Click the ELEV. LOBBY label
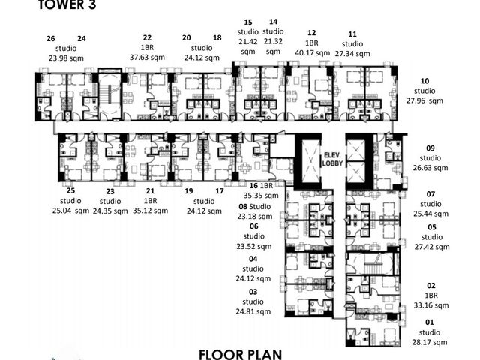point(332,159)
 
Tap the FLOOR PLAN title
point(240,355)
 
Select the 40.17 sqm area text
point(313,53)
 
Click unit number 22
point(147,37)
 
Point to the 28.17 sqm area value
point(430,342)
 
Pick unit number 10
point(424,81)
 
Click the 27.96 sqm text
point(424,100)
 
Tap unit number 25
point(70,190)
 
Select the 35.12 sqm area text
point(150,211)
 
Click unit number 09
point(430,148)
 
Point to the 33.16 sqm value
point(431,305)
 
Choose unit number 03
point(253,292)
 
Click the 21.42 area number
point(248,42)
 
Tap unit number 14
point(273,22)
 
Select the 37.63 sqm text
point(147,58)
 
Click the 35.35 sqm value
point(261,196)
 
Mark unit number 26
point(51,39)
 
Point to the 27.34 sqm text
point(352,54)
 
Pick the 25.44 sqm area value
point(430,214)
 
